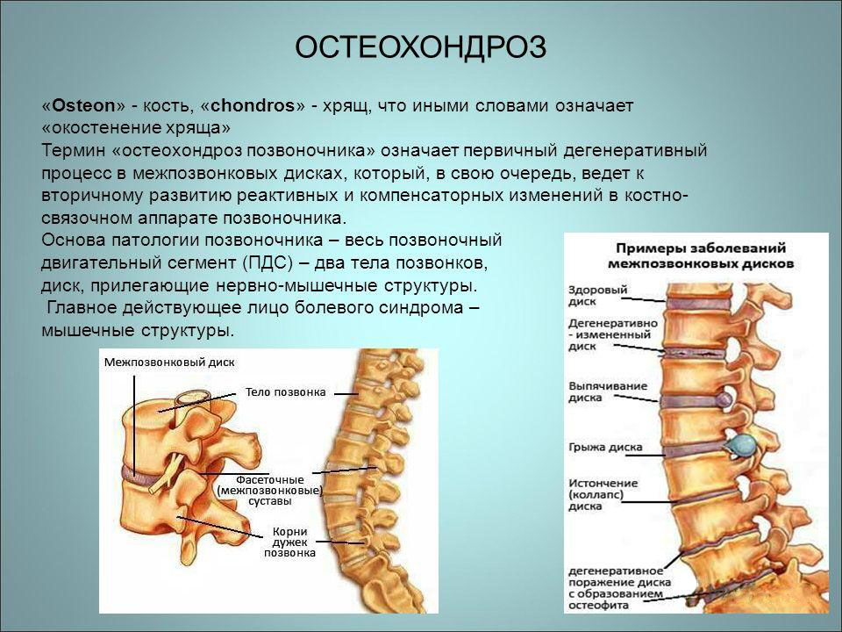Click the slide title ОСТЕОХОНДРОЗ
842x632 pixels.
click(x=420, y=47)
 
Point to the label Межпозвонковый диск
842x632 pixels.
click(x=169, y=362)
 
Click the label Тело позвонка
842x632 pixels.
click(x=285, y=391)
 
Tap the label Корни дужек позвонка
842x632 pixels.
click(x=289, y=542)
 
